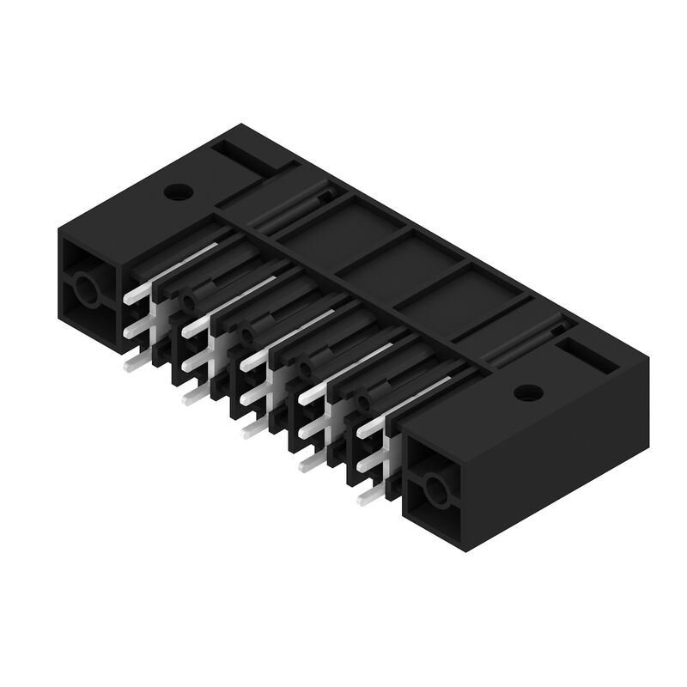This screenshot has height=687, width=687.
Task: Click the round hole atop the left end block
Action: pos(177,191)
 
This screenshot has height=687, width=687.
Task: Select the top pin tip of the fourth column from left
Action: pos(306,398)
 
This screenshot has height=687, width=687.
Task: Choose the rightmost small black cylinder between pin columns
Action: pos(364,401)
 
